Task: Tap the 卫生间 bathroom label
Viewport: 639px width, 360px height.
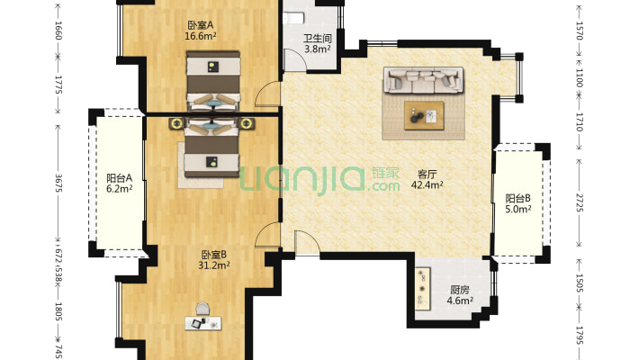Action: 317,39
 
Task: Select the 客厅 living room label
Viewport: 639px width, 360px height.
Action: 427,174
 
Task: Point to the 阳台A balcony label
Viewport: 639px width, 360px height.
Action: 119,178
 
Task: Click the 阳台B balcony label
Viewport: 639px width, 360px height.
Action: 517,199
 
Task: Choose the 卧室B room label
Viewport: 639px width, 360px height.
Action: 214,254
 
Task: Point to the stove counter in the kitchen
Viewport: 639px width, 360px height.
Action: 423,289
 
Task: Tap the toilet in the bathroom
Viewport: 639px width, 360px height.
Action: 297,17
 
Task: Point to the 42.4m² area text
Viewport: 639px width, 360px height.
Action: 427,185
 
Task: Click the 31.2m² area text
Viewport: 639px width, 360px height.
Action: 214,265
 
